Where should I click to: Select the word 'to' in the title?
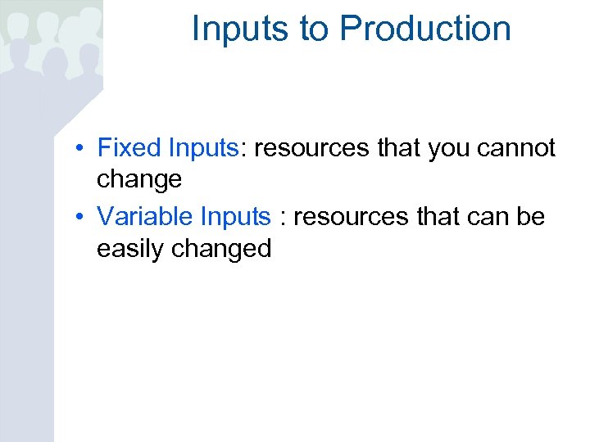click(314, 29)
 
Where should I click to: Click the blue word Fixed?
click(129, 148)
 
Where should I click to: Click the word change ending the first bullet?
click(138, 179)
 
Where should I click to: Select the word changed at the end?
click(221, 248)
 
